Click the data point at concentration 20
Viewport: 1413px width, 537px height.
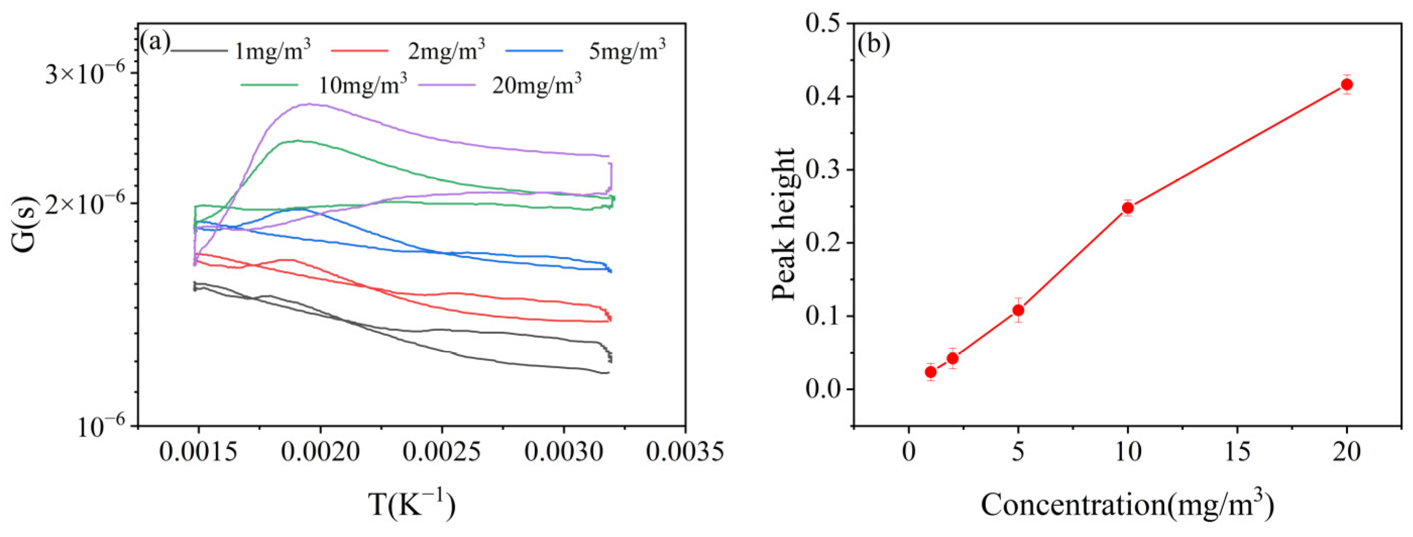(1346, 85)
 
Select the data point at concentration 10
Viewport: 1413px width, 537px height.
(1128, 208)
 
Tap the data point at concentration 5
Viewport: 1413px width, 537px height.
(1018, 310)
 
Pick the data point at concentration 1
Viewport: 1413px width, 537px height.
(931, 372)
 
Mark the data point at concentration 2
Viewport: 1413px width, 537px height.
(953, 358)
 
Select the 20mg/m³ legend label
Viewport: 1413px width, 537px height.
(537, 85)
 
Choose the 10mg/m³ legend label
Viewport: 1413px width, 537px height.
(363, 85)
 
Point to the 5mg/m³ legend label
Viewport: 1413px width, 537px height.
(627, 51)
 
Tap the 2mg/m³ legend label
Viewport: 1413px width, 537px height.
(446, 51)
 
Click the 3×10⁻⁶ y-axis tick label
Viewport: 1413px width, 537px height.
(85, 74)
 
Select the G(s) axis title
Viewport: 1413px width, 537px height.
(25, 224)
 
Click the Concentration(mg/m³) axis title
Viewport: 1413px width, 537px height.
(1127, 504)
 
